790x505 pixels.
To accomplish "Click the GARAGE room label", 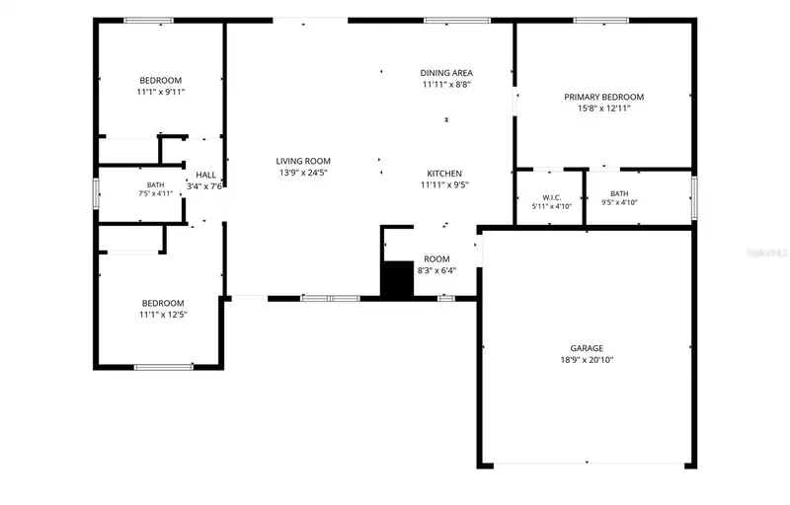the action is tap(587, 348).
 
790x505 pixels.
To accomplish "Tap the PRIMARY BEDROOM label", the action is tap(603, 97).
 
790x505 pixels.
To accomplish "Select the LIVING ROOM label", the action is tap(303, 161).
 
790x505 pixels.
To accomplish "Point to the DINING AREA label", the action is tap(446, 73).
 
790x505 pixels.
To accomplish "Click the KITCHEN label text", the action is tap(444, 174).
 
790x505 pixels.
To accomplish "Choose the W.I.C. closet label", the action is tap(552, 197).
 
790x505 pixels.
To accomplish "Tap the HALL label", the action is tap(205, 175).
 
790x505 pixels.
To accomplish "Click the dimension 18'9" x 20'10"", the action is tap(587, 360).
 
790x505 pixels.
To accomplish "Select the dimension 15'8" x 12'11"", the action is tap(603, 108).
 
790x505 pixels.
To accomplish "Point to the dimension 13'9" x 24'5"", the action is tap(303, 173).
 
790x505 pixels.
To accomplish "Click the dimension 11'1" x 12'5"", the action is tap(163, 315).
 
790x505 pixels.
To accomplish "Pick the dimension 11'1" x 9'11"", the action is tap(161, 92).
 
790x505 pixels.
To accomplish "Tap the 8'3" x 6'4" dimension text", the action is tap(436, 270).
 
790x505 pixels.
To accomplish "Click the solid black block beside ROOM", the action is tap(397, 280).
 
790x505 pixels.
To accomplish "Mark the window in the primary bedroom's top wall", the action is tap(601, 21).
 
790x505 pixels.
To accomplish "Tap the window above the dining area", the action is tap(457, 21).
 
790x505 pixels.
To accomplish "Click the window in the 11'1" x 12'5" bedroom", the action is tap(164, 367).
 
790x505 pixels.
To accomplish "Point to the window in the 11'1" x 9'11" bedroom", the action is tap(149, 21).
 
